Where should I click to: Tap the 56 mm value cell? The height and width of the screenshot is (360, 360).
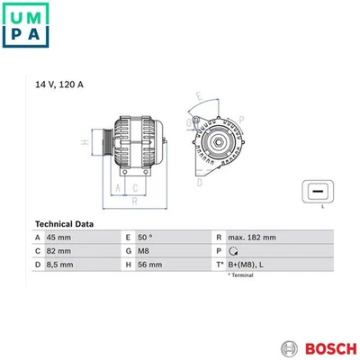[149, 265]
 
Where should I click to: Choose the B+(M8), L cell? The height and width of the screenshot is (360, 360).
[246, 265]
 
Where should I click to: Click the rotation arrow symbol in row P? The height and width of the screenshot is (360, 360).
[233, 251]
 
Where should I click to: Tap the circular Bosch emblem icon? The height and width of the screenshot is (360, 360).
[289, 346]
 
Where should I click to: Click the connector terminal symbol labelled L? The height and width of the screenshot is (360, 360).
[317, 192]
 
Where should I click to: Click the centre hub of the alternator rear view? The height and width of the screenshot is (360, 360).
[217, 142]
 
